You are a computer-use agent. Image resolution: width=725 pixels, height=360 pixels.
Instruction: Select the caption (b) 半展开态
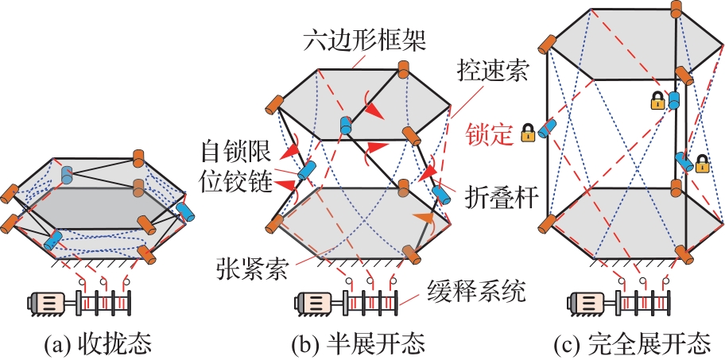(363, 346)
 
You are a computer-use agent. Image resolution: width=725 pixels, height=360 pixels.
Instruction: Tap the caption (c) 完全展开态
(632, 346)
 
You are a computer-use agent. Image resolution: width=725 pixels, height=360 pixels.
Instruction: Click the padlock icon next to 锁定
(526, 133)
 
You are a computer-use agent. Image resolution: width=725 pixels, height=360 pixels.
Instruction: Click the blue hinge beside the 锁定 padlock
(548, 128)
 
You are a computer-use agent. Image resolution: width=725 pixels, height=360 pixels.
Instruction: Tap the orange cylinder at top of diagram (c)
(677, 9)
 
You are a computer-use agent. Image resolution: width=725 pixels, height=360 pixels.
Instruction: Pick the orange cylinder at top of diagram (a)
(139, 157)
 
